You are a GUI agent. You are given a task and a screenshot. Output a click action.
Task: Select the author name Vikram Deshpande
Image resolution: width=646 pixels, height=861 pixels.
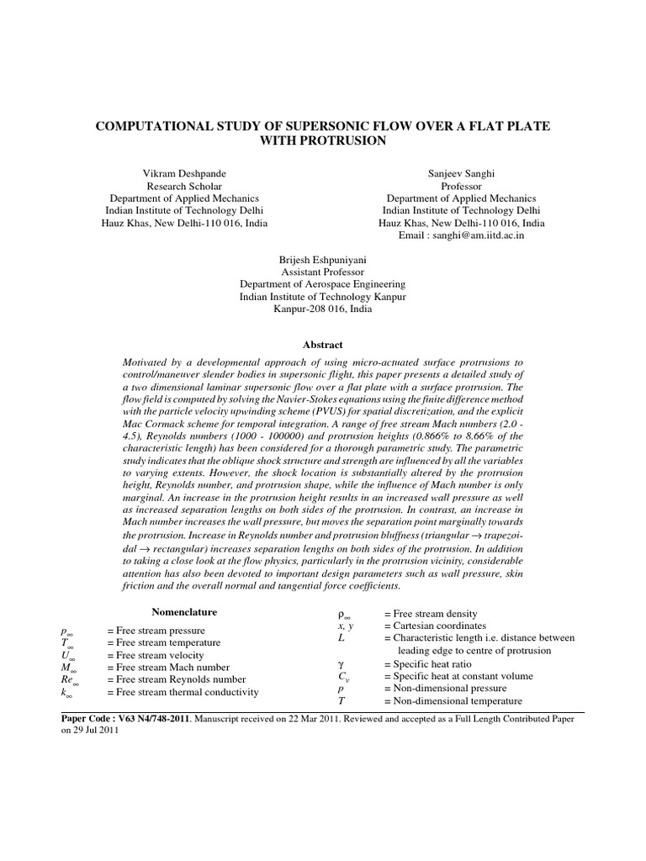coord(186,172)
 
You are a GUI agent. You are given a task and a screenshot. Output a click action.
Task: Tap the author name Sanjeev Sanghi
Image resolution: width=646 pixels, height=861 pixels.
coord(461,172)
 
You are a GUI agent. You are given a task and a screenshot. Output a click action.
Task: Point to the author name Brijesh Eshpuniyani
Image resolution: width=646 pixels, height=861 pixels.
coord(322,261)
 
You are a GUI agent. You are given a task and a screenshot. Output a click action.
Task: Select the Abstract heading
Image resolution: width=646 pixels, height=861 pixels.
coord(322,345)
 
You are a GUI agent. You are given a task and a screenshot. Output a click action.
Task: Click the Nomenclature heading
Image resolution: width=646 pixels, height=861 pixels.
coord(184,612)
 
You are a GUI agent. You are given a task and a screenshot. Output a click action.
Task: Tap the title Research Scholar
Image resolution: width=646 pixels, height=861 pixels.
coord(186,185)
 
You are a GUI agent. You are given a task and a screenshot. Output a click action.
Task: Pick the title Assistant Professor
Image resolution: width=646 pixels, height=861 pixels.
coord(322,273)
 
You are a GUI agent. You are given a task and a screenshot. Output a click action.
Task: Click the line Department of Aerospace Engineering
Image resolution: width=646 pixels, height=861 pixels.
coord(322,286)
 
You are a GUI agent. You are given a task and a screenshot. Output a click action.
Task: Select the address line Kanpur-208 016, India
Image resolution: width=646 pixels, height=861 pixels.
coord(322,310)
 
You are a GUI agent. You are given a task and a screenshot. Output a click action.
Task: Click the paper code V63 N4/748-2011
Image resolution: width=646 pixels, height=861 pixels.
coord(153,720)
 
